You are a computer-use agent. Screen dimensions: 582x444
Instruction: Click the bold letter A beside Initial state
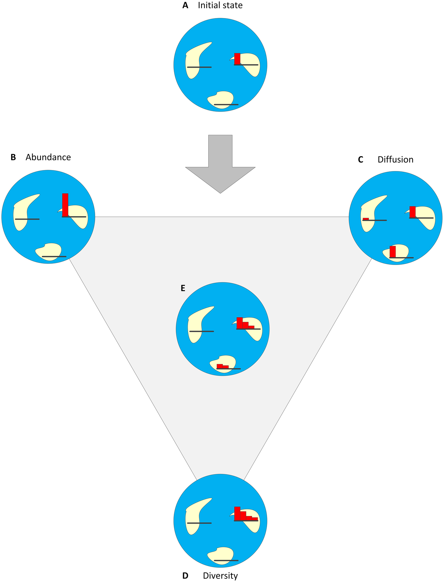185,5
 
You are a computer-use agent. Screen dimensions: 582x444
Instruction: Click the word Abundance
48,157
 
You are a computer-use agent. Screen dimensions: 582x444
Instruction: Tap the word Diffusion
395,160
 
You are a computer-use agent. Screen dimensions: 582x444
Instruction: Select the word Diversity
220,576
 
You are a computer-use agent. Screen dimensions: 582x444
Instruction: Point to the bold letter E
183,288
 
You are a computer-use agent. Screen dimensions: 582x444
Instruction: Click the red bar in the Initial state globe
237,59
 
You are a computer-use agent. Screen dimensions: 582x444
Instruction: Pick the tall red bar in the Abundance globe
65,205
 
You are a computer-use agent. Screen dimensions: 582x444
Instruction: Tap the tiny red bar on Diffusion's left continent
366,219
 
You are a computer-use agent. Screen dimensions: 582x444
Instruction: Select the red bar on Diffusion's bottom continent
393,251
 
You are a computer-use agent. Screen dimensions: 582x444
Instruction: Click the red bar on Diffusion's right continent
412,212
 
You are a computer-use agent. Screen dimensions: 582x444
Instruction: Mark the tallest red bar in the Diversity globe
237,513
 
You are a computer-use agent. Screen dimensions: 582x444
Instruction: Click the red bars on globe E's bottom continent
222,366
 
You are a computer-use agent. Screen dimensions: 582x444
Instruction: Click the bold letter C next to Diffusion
361,160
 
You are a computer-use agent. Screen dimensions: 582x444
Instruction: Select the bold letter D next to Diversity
185,576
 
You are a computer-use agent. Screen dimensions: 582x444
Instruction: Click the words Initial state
220,5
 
